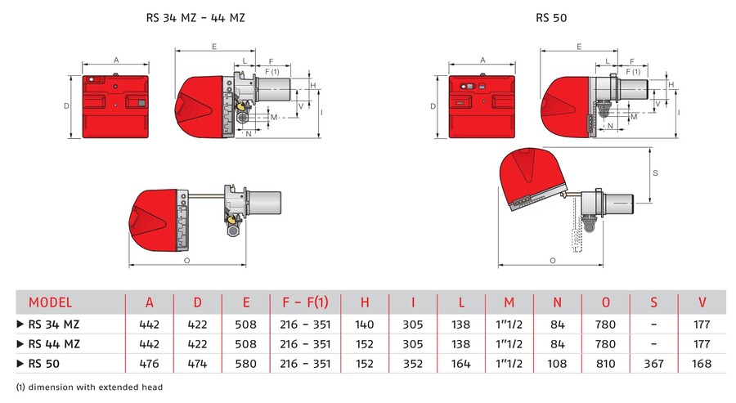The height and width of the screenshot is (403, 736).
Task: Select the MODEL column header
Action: point(50,302)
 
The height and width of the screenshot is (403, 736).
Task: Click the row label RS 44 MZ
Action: point(54,343)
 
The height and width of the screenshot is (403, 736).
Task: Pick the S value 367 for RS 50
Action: point(653,364)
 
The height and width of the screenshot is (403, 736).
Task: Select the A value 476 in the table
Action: point(149,364)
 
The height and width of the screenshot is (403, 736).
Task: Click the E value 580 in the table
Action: point(245,364)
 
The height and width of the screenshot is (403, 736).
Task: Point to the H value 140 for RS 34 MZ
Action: point(364,324)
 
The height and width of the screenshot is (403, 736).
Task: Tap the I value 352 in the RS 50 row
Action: point(413,364)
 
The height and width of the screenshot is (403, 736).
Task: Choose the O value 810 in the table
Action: point(605,364)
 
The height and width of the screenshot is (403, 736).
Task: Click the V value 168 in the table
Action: point(702,364)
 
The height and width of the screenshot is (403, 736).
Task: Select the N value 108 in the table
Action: point(557,364)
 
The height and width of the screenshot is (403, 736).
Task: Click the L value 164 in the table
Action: point(461,364)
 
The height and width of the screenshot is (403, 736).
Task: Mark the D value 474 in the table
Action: point(197,364)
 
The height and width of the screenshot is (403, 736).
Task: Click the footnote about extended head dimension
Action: point(89,387)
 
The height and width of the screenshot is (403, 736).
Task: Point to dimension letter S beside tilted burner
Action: point(656,173)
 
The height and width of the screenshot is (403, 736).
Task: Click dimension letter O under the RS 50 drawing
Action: point(553,260)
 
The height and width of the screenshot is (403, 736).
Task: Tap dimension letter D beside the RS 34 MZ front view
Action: point(66,106)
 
